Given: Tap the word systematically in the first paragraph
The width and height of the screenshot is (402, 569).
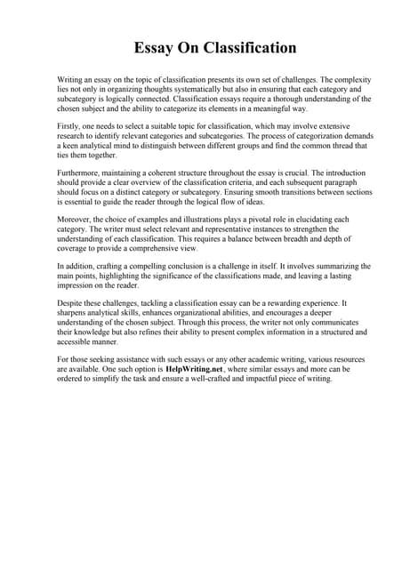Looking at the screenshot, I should pos(183,90).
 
